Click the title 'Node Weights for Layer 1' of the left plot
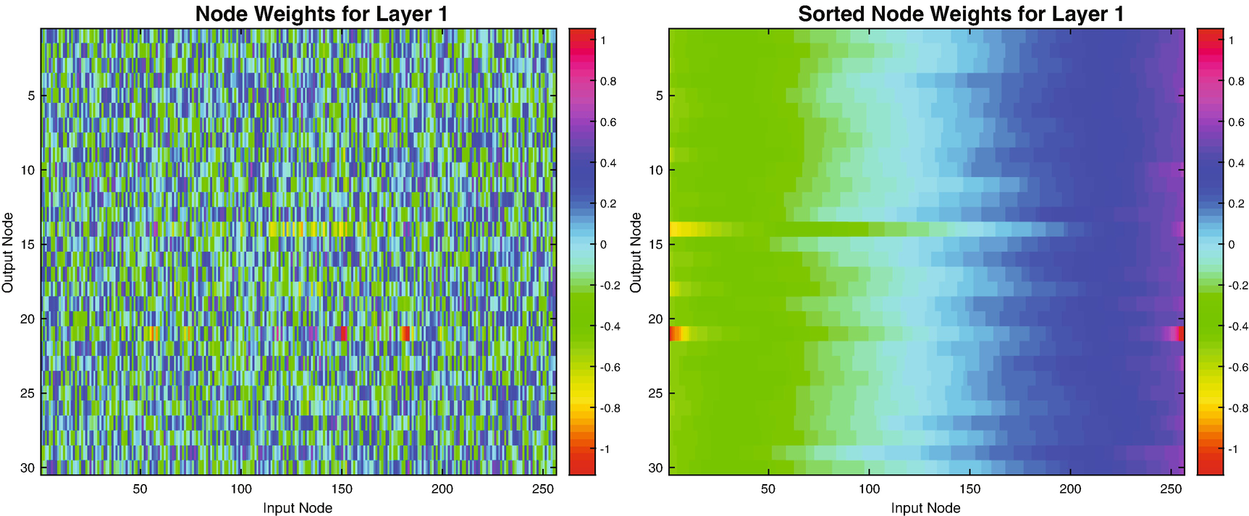coord(321,14)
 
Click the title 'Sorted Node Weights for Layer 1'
coord(961,14)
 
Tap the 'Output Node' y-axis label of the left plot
coord(8,252)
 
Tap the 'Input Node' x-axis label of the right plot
coord(925,508)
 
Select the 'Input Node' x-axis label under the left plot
coord(298,508)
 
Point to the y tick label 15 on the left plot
coord(28,245)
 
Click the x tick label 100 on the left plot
coord(241,489)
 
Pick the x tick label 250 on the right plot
coord(1171,489)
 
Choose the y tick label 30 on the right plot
coord(655,468)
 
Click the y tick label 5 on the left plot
coord(31,96)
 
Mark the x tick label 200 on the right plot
coord(1070,489)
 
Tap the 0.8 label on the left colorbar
coord(608,82)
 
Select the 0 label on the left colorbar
coord(603,245)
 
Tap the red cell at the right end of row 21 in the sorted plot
coord(1180,334)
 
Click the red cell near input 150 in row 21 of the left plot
coord(342,334)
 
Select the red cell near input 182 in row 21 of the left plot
coord(406,334)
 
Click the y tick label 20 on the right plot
coord(655,319)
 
